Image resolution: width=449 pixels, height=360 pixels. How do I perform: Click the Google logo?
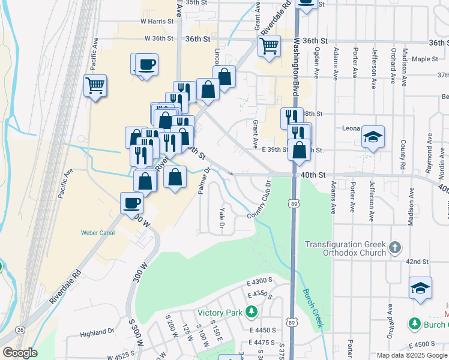click(20, 353)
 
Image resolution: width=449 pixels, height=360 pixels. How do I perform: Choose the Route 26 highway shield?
click(20, 329)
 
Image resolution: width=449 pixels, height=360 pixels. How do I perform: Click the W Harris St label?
click(157, 21)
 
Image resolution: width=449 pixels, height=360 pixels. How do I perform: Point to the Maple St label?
click(426, 59)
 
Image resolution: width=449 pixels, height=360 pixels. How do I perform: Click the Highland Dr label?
click(97, 332)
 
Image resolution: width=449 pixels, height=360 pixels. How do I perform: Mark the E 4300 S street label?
click(260, 281)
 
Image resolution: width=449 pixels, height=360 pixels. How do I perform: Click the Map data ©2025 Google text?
click(411, 355)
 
